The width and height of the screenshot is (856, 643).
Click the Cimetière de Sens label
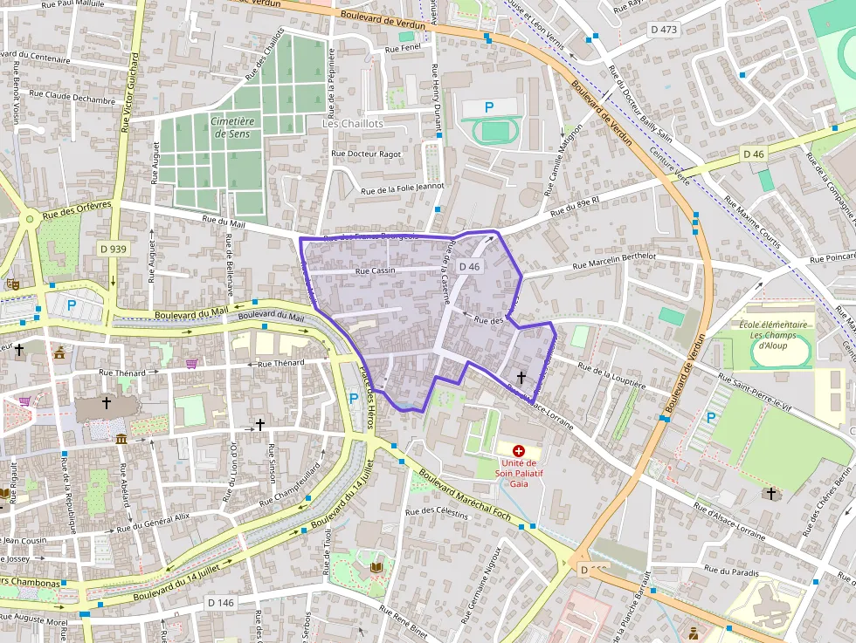(x=231, y=127)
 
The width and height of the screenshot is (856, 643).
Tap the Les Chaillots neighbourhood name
(x=353, y=124)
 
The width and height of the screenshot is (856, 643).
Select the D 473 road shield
(x=664, y=30)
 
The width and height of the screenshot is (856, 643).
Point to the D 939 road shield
(x=113, y=249)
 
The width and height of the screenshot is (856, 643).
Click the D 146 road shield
(x=222, y=602)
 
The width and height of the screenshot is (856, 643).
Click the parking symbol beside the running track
(x=489, y=107)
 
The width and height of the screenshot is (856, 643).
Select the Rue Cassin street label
(x=376, y=270)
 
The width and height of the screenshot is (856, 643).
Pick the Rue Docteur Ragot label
(x=366, y=154)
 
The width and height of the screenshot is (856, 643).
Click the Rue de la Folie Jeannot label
(x=403, y=188)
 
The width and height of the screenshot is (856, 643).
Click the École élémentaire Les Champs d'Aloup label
(x=773, y=335)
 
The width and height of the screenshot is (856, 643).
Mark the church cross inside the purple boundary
(x=521, y=377)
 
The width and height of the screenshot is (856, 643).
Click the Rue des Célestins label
(x=438, y=512)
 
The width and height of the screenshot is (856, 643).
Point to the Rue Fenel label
(x=403, y=49)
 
